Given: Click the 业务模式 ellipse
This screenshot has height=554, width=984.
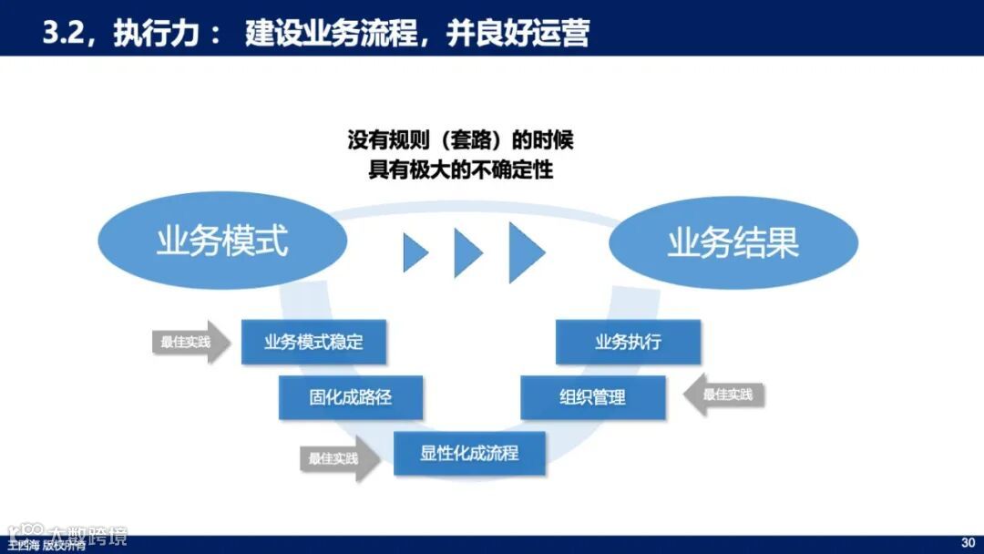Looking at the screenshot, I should [x=222, y=241].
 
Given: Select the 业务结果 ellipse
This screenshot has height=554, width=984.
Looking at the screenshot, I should [x=733, y=242].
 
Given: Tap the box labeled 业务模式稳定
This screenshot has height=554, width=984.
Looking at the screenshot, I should [x=313, y=343].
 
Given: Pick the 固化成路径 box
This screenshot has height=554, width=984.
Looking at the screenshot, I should [x=351, y=397].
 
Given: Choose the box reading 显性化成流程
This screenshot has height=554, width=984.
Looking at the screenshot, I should [x=469, y=453].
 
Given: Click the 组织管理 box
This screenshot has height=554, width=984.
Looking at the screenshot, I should [x=592, y=397].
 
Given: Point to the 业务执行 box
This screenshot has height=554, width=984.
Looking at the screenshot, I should [x=628, y=343].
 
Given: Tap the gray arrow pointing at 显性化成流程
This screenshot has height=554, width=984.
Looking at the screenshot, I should [x=340, y=459].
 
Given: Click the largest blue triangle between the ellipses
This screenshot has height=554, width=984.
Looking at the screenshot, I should [x=525, y=250].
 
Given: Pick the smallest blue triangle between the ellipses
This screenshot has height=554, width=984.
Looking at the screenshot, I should [x=415, y=251].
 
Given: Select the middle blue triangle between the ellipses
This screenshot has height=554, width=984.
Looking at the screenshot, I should [x=467, y=251].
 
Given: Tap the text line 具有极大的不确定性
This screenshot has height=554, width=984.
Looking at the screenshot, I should [x=460, y=170].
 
